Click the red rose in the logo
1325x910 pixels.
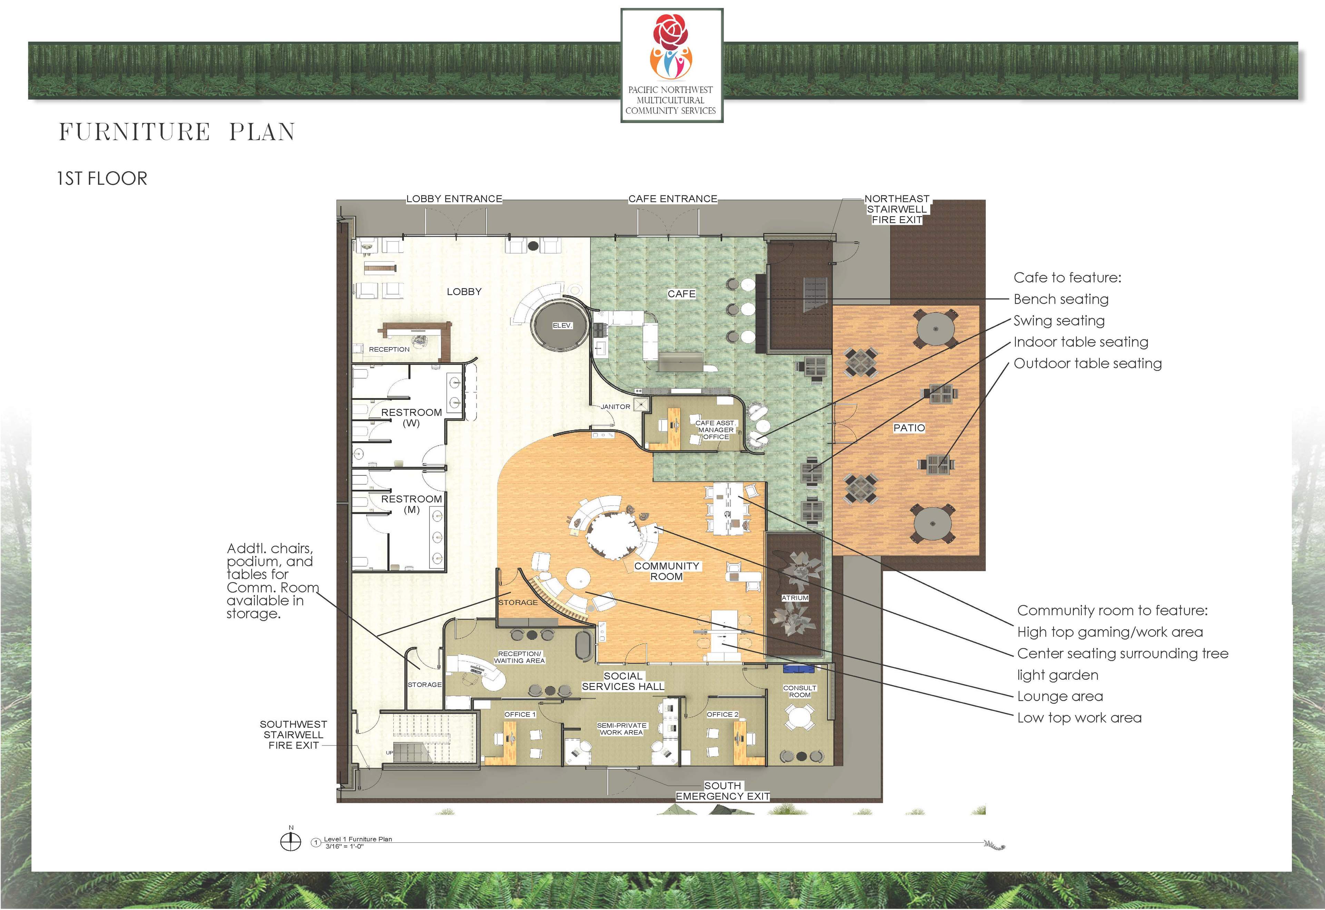pos(671,32)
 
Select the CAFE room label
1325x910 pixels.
pos(681,294)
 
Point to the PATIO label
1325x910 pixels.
pos(909,428)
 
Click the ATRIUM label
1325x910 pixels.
pos(795,598)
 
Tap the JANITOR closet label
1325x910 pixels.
pos(615,406)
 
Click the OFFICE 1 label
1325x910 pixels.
pos(520,715)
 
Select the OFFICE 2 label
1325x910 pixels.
pos(723,715)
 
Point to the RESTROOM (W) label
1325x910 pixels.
pos(411,417)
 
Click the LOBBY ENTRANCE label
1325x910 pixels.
pos(454,199)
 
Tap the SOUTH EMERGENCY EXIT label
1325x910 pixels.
pos(723,791)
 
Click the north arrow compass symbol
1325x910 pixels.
pos(291,842)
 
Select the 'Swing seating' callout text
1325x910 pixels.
pos(1059,321)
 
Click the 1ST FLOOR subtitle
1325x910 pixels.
pos(102,179)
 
